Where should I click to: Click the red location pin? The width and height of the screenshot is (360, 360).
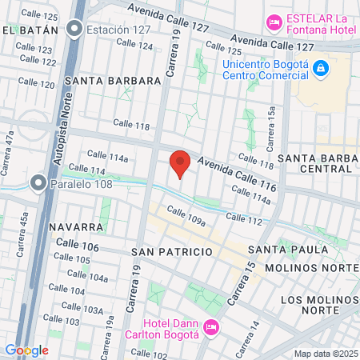coord(180,163)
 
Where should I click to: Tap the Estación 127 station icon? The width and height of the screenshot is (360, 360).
coord(75,30)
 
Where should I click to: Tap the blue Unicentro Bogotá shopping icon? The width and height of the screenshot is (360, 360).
coord(320,69)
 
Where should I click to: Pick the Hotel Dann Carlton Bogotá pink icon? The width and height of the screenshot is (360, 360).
coord(211,326)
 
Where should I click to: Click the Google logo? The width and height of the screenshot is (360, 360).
coord(26,350)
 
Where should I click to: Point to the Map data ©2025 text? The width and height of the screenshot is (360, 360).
coord(324,353)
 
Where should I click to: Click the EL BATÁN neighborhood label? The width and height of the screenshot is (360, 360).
coord(30,30)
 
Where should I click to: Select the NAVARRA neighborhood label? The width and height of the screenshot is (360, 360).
coord(77,227)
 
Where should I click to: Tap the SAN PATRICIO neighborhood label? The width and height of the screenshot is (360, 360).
coord(172,251)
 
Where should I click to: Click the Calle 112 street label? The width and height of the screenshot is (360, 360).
coord(244,218)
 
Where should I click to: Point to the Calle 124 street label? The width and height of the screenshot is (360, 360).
coord(134,46)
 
